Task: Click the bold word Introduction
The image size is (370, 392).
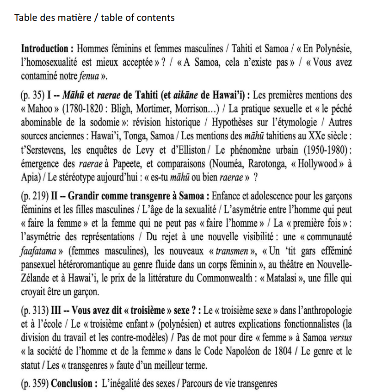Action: click(x=44, y=48)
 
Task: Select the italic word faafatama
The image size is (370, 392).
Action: click(x=37, y=252)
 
